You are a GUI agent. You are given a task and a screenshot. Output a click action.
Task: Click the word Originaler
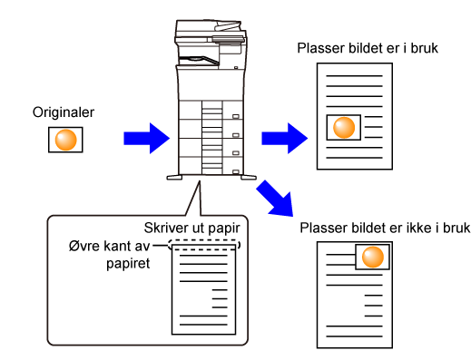[x=64, y=112]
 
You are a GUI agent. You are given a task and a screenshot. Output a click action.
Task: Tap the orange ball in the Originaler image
[x=65, y=140]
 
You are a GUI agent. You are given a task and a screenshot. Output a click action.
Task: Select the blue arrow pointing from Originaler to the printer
[x=146, y=139]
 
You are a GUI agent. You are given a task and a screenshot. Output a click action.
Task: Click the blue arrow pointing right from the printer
[x=284, y=139]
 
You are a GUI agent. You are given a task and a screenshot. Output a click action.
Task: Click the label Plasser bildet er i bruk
[x=368, y=48]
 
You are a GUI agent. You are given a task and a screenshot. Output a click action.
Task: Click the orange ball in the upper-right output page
[x=344, y=127]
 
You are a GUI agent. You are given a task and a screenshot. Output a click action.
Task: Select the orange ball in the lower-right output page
[x=373, y=257]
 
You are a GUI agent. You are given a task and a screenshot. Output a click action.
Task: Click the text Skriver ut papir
[x=192, y=229]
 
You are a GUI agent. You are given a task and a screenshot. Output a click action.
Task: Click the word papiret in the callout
[x=128, y=264]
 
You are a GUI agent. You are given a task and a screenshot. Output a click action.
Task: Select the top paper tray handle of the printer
[x=236, y=116]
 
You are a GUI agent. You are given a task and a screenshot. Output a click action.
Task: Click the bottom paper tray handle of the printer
[x=236, y=171]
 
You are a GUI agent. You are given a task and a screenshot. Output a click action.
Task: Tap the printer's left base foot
[x=174, y=178]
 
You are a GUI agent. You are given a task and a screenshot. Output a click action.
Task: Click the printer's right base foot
[x=249, y=178]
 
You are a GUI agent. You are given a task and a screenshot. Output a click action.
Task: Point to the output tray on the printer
[x=199, y=60]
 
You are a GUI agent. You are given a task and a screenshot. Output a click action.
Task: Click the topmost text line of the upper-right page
[x=354, y=75]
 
